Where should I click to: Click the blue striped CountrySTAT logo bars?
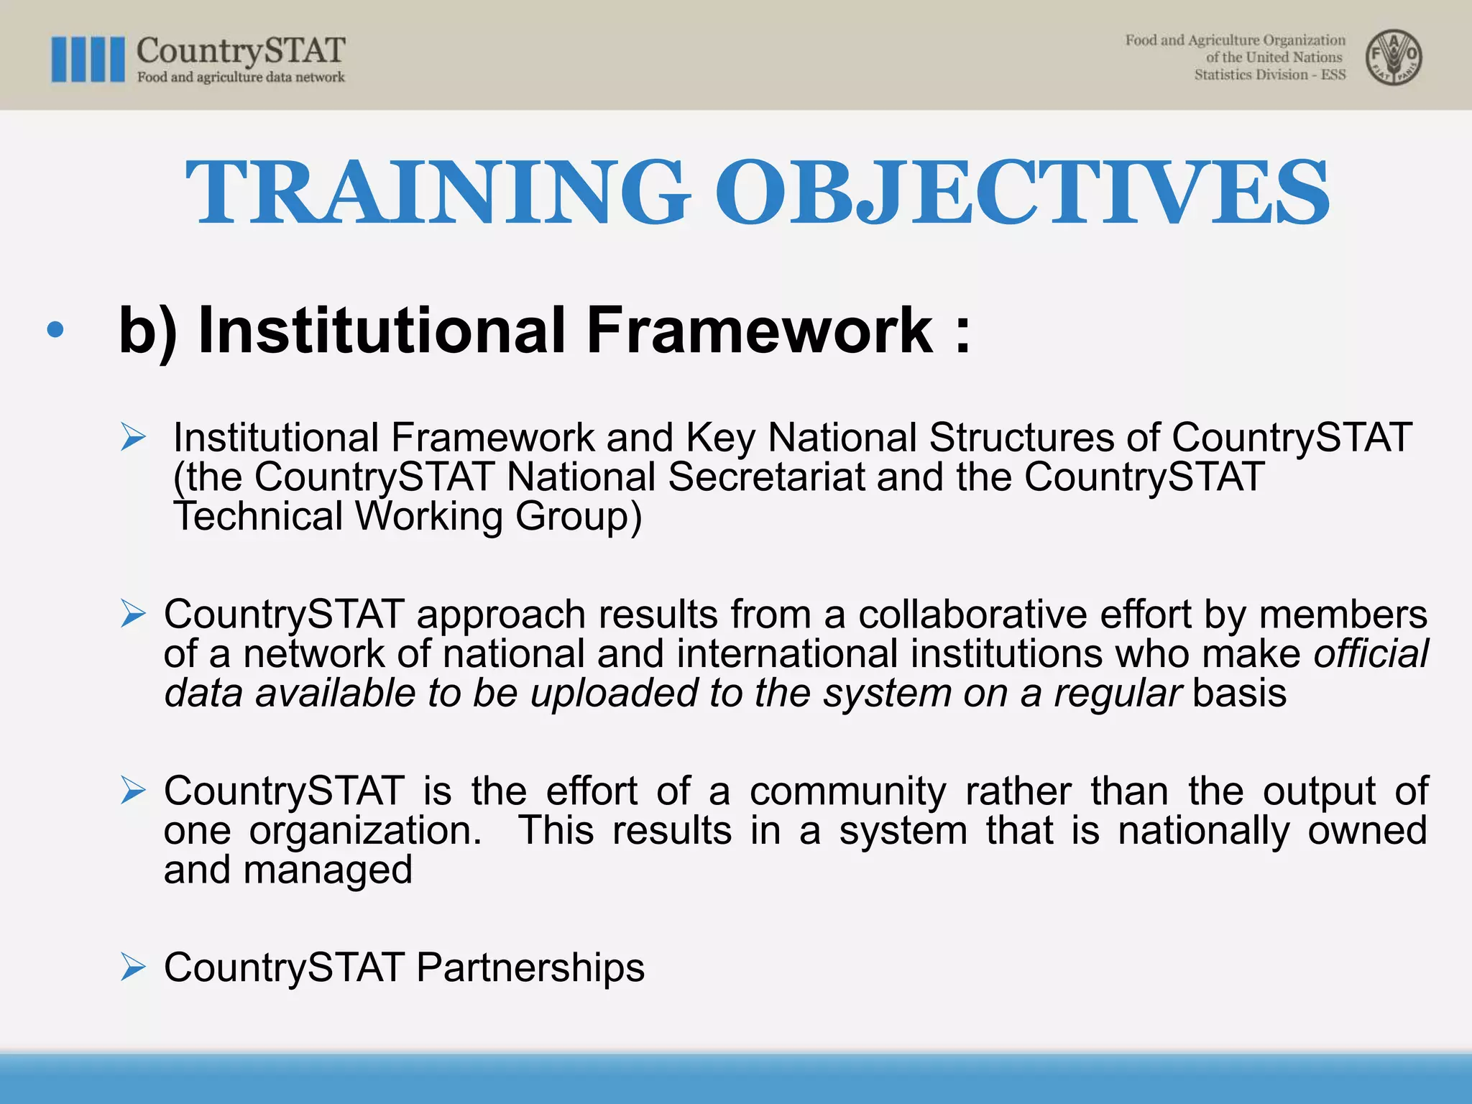click(88, 60)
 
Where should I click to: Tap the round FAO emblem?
click(1394, 57)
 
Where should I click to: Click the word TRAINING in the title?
click(436, 193)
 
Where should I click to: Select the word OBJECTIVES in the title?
click(1021, 193)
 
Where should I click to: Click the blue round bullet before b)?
click(55, 331)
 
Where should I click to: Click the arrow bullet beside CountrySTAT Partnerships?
click(134, 967)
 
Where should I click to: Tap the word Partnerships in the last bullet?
click(530, 967)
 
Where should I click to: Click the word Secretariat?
click(766, 477)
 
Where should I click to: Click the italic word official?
click(1371, 654)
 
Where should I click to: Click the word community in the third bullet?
click(847, 792)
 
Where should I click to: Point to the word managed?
click(328, 870)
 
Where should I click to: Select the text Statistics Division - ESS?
click(1269, 75)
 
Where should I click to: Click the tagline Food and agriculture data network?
click(241, 78)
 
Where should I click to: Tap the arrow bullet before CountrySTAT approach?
click(134, 615)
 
